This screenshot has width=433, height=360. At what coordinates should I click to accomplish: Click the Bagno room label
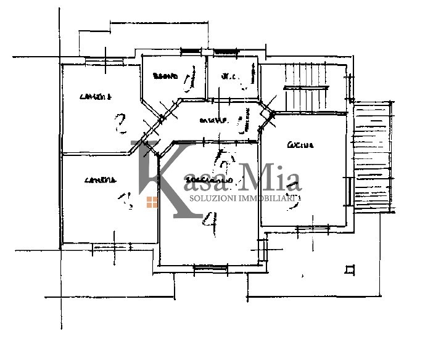[x=165, y=77]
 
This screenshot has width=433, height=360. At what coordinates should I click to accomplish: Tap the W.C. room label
[x=229, y=77]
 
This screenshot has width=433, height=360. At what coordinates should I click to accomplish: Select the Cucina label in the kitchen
[x=300, y=145]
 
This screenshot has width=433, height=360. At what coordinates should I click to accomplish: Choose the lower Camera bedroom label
[x=100, y=181]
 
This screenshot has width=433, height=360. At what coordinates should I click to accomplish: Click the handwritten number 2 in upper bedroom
[x=120, y=125]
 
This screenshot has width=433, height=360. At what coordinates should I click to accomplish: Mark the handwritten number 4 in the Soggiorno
[x=212, y=223]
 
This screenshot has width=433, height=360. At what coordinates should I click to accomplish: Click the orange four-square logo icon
[x=152, y=202]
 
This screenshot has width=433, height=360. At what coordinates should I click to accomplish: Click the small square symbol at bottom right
[x=350, y=269]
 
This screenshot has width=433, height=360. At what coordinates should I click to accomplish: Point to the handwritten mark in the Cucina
[x=290, y=204]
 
